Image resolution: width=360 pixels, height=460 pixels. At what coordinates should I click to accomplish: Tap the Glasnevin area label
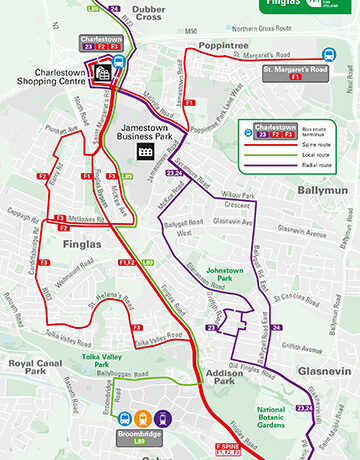tap(319, 370)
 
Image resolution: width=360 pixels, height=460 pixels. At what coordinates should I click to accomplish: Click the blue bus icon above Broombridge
tap(125, 420)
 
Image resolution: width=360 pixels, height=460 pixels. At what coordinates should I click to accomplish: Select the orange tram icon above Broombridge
tap(144, 420)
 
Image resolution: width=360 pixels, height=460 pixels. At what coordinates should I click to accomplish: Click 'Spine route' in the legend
tap(299, 147)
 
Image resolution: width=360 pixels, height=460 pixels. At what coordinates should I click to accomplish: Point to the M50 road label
tap(192, 30)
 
